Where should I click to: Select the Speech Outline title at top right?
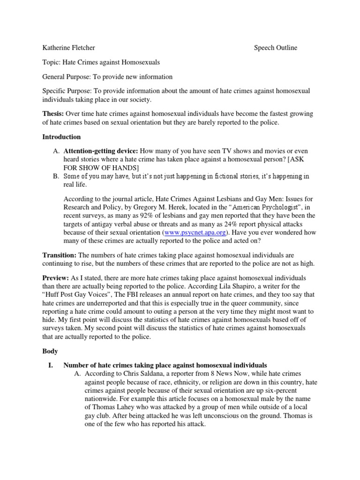276,47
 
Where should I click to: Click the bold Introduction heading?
61,137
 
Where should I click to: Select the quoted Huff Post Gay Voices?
79,295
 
